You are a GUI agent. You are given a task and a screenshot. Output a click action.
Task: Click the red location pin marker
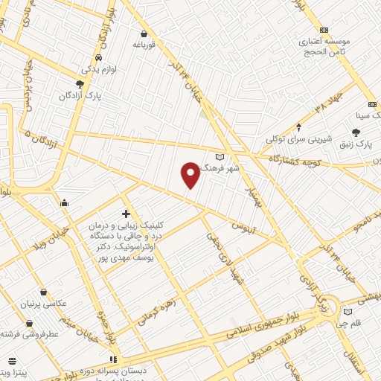tap(190, 175)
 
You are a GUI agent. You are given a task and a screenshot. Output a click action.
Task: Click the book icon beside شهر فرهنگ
tap(219, 157)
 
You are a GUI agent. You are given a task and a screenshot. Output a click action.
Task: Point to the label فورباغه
tap(144, 45)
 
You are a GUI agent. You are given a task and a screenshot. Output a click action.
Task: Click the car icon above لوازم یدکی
tap(97, 58)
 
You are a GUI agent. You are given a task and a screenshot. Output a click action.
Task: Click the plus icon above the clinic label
tap(126, 214)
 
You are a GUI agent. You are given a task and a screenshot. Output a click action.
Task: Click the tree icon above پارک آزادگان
tap(80, 84)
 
